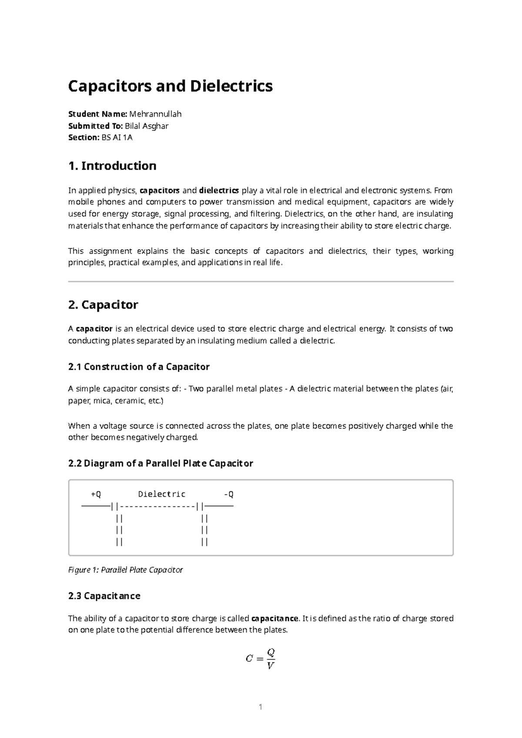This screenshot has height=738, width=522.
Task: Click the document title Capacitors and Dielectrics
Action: coord(171,86)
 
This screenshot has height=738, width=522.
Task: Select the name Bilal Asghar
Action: coord(147,126)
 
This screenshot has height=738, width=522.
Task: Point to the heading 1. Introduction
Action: coord(112,166)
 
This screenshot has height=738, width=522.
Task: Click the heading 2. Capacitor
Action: coord(103,305)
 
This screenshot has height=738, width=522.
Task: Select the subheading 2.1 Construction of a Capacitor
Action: coord(139,367)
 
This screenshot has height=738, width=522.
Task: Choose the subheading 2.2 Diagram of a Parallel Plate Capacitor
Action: coord(161,463)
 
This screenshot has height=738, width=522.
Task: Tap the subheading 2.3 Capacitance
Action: coord(104,596)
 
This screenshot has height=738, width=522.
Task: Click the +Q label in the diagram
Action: coord(96,494)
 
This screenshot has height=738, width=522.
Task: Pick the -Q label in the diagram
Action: coord(229,494)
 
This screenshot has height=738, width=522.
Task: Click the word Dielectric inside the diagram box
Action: coord(162,494)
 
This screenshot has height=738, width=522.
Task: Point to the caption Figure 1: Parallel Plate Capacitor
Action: coord(125,570)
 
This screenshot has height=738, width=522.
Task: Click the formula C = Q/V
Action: coord(261,659)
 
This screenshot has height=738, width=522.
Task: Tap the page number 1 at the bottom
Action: coord(261,707)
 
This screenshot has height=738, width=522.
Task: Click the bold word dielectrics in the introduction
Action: coord(219,190)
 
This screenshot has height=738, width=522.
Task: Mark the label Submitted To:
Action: coord(96,126)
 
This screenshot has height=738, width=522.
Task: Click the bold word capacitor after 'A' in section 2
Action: coord(94,329)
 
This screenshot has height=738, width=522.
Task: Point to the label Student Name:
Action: coord(97,114)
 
